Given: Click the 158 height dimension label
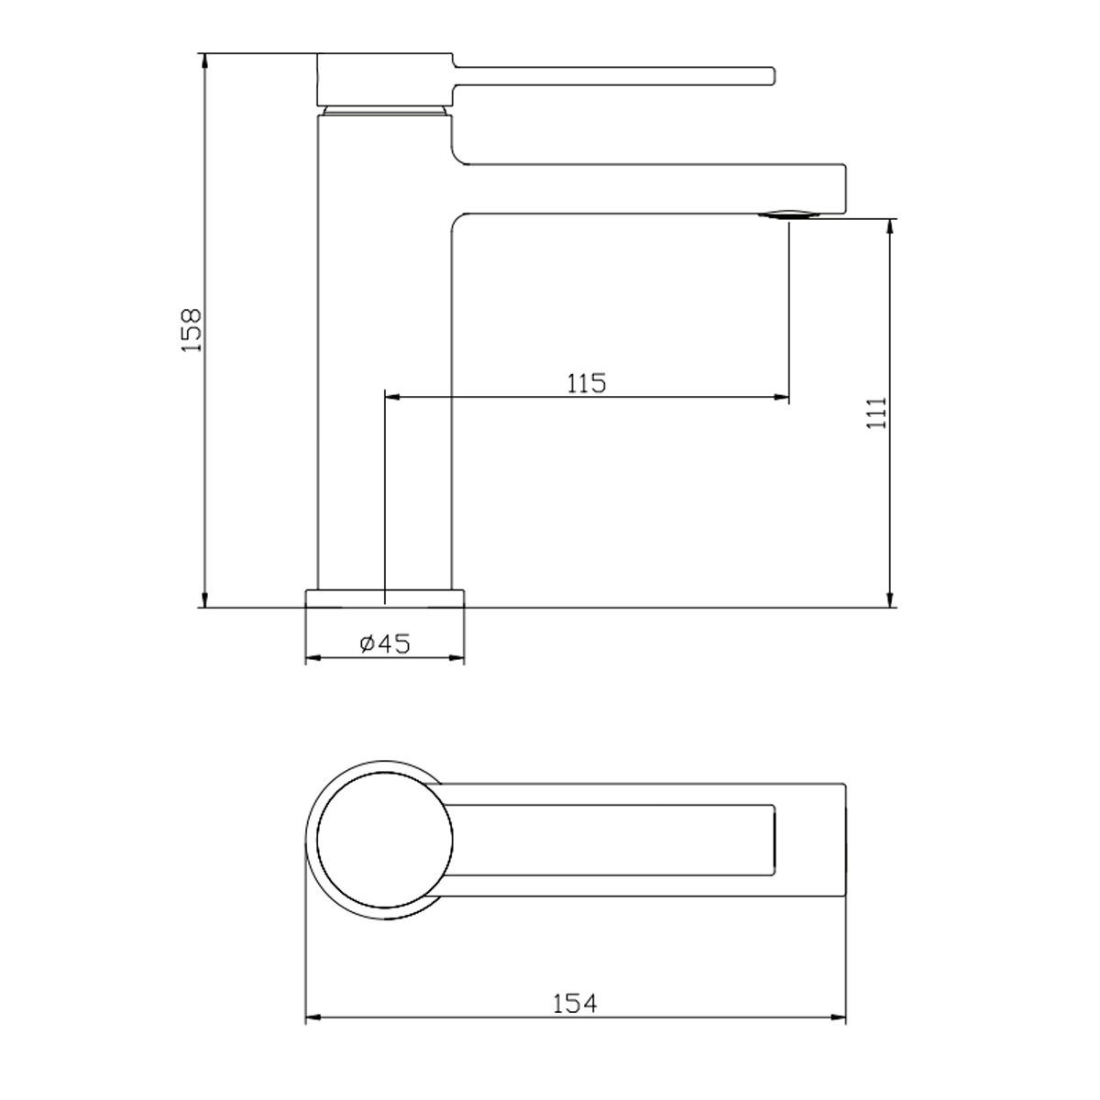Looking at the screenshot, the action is point(192,330).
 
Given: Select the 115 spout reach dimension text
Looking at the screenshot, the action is point(587,383).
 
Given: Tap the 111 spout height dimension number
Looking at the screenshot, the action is point(877,412).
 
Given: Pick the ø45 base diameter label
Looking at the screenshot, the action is point(385,643).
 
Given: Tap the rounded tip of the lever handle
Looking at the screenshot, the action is point(772,76).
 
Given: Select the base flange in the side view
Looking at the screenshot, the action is point(385,598).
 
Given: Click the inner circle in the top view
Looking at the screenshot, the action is point(385,840).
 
